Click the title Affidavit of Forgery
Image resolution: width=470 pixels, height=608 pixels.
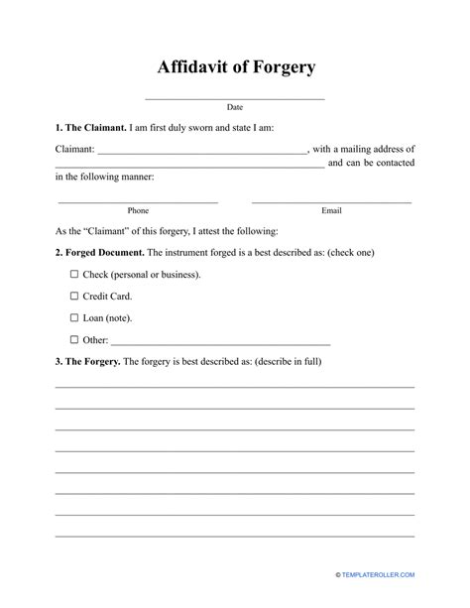(235, 67)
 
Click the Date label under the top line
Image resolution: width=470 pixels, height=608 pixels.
(235, 107)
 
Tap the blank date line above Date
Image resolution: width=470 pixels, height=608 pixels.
(235, 99)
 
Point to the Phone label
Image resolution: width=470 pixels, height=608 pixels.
(138, 210)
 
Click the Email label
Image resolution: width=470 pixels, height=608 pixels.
(331, 210)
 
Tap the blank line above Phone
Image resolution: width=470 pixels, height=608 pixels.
(138, 202)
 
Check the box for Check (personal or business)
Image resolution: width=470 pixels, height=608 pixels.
(74, 274)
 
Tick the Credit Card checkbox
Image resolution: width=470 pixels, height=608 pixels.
(74, 296)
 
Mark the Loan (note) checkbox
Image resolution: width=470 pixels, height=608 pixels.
(74, 317)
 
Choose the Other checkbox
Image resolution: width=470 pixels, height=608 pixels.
(74, 339)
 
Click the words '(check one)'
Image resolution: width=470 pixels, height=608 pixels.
(348, 252)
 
